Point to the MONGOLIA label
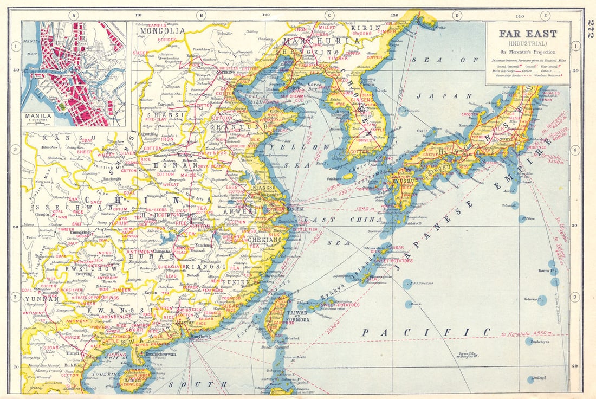[161, 31]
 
